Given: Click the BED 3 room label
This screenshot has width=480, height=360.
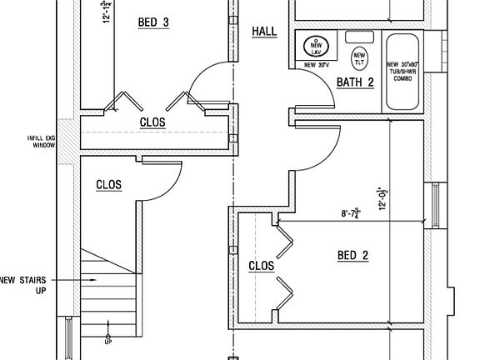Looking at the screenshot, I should point(153,22).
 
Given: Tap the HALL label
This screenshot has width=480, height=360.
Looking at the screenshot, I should point(264,32).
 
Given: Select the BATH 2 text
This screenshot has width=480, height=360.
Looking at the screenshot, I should point(355,82).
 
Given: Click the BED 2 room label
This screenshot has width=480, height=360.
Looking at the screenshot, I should point(352,255).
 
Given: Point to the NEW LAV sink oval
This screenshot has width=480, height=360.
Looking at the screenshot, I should point(316,45).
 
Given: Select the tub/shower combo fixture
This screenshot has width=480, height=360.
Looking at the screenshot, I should point(403,72).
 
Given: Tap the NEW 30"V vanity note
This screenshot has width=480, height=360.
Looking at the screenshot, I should point(316,65).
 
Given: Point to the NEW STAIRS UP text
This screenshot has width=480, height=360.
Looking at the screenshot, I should point(22,285).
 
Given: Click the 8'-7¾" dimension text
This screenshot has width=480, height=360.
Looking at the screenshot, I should point(355,213).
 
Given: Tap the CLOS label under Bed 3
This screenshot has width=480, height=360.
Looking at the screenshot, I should point(152,122).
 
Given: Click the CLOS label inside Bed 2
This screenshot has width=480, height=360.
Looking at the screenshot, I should point(262,266).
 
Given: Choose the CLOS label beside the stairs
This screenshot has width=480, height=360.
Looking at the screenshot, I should point(109,185).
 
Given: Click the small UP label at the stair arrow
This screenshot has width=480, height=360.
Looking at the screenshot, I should point(107,341).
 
